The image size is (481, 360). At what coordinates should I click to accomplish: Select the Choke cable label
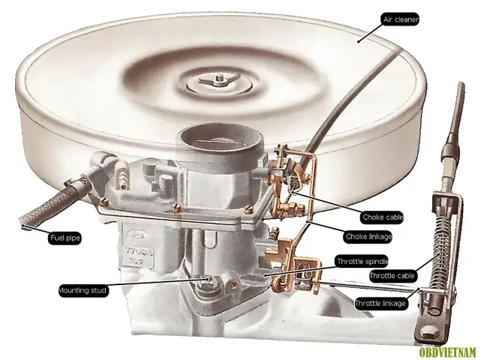click(x=383, y=217)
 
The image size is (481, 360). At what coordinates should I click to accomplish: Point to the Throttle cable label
click(x=390, y=276)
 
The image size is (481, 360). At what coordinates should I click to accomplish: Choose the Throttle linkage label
click(x=380, y=303)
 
